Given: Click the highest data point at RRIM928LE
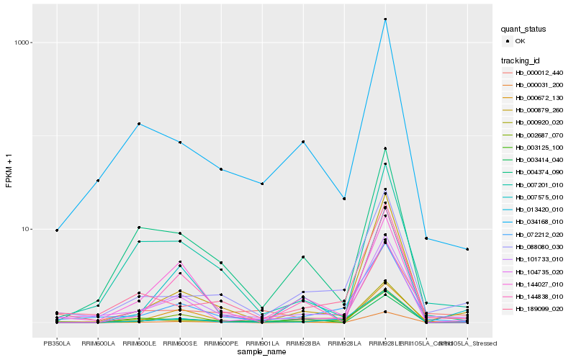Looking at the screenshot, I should pyautogui.click(x=385, y=19).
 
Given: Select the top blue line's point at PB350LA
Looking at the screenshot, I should pyautogui.click(x=57, y=230).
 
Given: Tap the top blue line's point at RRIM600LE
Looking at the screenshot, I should pyautogui.click(x=139, y=124).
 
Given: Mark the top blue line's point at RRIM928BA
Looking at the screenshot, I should pyautogui.click(x=303, y=142).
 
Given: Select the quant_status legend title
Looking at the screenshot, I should pyautogui.click(x=524, y=30).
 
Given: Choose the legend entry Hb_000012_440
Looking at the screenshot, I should pyautogui.click(x=539, y=73).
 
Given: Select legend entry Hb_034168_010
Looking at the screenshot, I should pyautogui.click(x=539, y=222).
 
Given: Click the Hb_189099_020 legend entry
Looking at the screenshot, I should pyautogui.click(x=539, y=308).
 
